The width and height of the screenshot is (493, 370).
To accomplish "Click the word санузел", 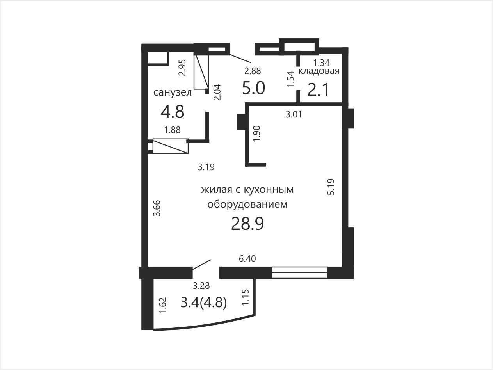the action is (x=173, y=92).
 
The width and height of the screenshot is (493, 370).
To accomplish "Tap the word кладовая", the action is (x=319, y=71).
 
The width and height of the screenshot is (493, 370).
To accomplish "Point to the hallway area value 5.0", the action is (x=254, y=88).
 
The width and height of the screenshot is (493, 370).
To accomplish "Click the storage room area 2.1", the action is (x=318, y=90).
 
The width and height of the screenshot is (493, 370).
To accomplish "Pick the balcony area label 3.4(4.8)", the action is (x=204, y=302).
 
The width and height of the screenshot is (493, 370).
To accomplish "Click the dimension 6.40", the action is (x=247, y=259).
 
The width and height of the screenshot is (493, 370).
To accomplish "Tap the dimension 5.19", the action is (x=331, y=187).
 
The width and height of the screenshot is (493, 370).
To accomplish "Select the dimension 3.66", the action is (x=157, y=208).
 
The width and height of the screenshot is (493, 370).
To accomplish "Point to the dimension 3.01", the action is (x=294, y=114).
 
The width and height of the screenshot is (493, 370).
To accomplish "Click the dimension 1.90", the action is (x=256, y=133).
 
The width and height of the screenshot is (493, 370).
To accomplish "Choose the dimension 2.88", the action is (x=253, y=71).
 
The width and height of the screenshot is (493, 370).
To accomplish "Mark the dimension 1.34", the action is (x=321, y=62).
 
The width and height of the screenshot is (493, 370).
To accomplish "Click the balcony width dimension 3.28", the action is (x=201, y=286).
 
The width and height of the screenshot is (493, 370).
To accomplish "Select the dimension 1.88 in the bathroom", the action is (x=172, y=130).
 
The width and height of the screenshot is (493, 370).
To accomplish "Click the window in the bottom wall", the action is (x=299, y=272).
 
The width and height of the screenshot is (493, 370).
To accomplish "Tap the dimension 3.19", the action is (x=206, y=167).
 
